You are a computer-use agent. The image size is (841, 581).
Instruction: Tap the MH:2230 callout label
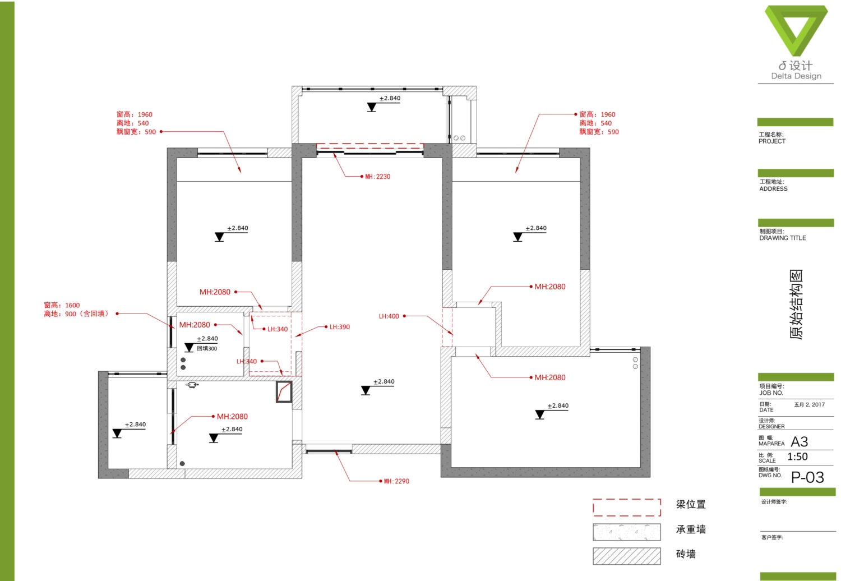pos(378,177)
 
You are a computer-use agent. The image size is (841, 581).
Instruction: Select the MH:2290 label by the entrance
pos(396,481)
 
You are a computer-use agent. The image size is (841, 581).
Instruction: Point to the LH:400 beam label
pos(389,316)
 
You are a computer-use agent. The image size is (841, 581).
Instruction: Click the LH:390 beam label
pos(339,327)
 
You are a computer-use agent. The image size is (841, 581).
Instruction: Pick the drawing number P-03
pos(807,477)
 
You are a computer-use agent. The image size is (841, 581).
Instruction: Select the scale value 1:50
pos(797,457)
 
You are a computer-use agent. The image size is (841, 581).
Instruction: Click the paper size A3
pos(800,442)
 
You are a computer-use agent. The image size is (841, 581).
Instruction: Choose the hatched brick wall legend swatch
pos(627,556)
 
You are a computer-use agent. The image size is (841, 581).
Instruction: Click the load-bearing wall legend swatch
pos(627,532)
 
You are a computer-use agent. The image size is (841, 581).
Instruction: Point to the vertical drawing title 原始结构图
pos(796,304)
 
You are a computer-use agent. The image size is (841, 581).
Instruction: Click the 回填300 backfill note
pos(207,348)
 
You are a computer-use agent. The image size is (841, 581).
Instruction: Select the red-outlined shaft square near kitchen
pos(284,392)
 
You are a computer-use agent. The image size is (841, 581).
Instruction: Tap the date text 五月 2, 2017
pos(810,404)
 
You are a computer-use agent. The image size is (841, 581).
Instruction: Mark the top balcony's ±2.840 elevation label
pos(390,98)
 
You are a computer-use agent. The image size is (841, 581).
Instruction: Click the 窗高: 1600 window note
pos(62,305)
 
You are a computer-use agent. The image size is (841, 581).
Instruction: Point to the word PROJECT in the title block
pos(772,141)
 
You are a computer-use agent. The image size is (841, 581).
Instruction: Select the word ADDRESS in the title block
pos(773,188)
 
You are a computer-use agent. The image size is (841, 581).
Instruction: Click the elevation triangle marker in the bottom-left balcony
pos(117,434)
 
